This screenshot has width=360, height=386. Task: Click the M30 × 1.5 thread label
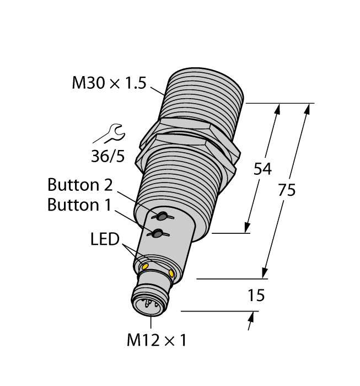tap(109, 83)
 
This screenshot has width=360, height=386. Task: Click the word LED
tap(105, 239)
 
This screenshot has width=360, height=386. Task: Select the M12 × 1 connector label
tap(157, 341)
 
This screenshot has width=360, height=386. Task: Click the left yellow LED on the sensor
tap(146, 267)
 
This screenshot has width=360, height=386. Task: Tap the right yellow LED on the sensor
tap(173, 274)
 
